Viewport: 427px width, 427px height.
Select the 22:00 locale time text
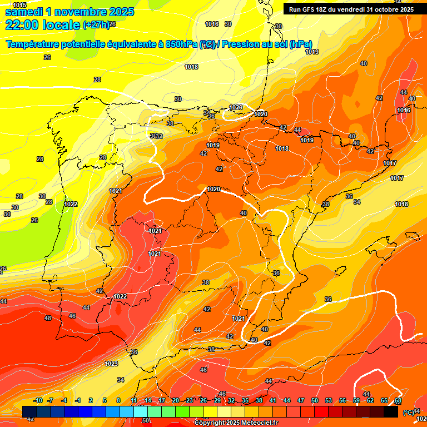(42, 25)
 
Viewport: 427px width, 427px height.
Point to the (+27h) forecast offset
(96, 25)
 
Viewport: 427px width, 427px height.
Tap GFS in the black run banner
(310, 9)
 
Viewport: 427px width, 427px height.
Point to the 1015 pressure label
(19, 5)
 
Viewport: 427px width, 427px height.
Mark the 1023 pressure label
(111, 364)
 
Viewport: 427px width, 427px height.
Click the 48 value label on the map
(48, 319)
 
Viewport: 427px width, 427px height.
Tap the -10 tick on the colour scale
(38, 400)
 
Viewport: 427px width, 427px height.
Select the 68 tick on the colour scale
(398, 400)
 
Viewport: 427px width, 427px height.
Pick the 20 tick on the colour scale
(175, 400)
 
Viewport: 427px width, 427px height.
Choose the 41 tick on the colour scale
(273, 400)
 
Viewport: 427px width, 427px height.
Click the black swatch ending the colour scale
(391, 411)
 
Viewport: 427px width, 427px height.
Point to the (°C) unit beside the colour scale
(408, 412)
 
